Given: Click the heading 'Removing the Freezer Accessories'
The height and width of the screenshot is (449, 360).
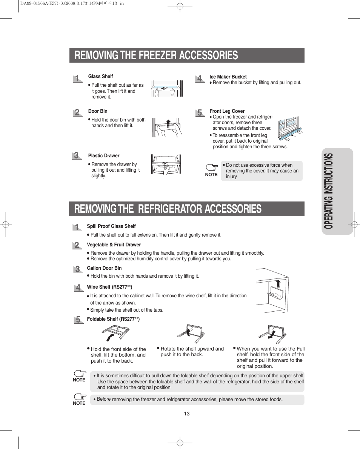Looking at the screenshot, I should pos(156,55).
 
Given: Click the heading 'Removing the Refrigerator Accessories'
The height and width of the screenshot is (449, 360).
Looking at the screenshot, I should pos(168,209).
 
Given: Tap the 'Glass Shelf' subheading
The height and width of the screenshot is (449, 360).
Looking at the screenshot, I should pos(100,77).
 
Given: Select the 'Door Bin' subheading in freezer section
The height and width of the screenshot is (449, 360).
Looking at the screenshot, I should pos(98,111).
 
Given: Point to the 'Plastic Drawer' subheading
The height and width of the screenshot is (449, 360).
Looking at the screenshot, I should pos(104,156).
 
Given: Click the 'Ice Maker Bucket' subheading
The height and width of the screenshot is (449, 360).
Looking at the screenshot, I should pos(228,77).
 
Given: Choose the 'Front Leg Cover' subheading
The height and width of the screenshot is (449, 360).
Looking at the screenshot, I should pos(227,111).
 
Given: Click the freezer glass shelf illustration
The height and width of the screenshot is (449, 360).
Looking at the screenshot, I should pos(166,89).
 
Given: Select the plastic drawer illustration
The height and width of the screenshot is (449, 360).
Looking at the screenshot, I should pos(165,165).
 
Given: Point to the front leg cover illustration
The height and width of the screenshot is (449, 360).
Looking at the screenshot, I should pos(289,129).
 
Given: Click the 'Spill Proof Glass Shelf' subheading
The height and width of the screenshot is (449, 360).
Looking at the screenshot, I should pos(111,226).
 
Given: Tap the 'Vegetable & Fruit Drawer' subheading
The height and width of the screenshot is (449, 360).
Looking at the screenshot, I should pos(114,245).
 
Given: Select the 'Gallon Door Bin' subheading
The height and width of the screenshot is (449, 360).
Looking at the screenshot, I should pos(104,268).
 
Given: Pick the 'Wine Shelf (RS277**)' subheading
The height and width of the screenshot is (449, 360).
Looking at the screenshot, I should pos(109,287).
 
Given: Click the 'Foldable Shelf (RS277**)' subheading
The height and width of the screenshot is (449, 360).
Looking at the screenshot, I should pos(113,319).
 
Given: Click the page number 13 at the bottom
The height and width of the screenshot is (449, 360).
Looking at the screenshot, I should pos(187,414).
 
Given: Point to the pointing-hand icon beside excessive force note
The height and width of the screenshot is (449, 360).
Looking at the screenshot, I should pos(212,167).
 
